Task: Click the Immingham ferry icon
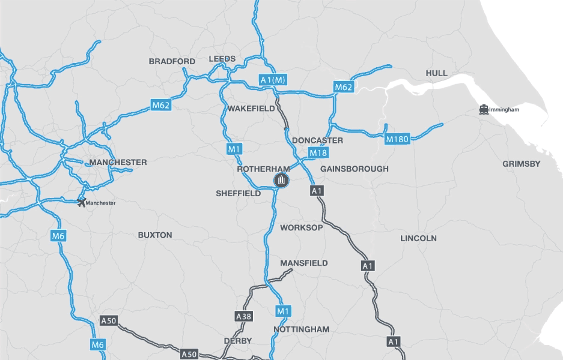[483, 110]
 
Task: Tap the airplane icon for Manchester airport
[82, 203]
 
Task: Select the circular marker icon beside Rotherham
[281, 180]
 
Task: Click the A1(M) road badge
[272, 80]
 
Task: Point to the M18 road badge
[318, 153]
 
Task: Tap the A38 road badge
[243, 316]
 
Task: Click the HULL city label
[437, 73]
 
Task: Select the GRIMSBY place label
[521, 164]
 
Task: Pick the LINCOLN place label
[418, 238]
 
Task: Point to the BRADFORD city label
[172, 61]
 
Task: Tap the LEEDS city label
[222, 59]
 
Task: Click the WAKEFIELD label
[251, 109]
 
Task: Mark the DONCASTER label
[317, 140]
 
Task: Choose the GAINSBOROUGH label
[355, 169]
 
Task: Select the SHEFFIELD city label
[239, 194]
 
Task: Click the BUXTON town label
[155, 235]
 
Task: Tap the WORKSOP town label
[302, 228]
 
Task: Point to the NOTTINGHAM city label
[302, 329]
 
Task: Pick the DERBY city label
[237, 341]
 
